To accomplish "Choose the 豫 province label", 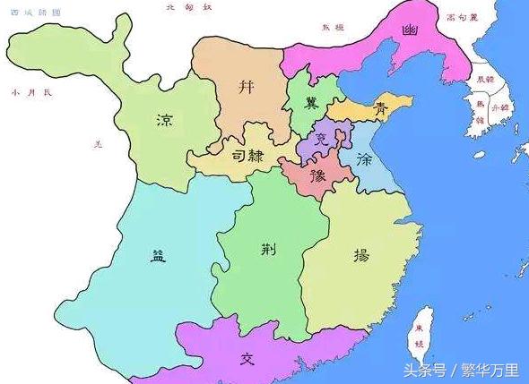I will (317, 175).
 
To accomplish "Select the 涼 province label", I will (164, 120).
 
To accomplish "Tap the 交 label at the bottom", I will (248, 359).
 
